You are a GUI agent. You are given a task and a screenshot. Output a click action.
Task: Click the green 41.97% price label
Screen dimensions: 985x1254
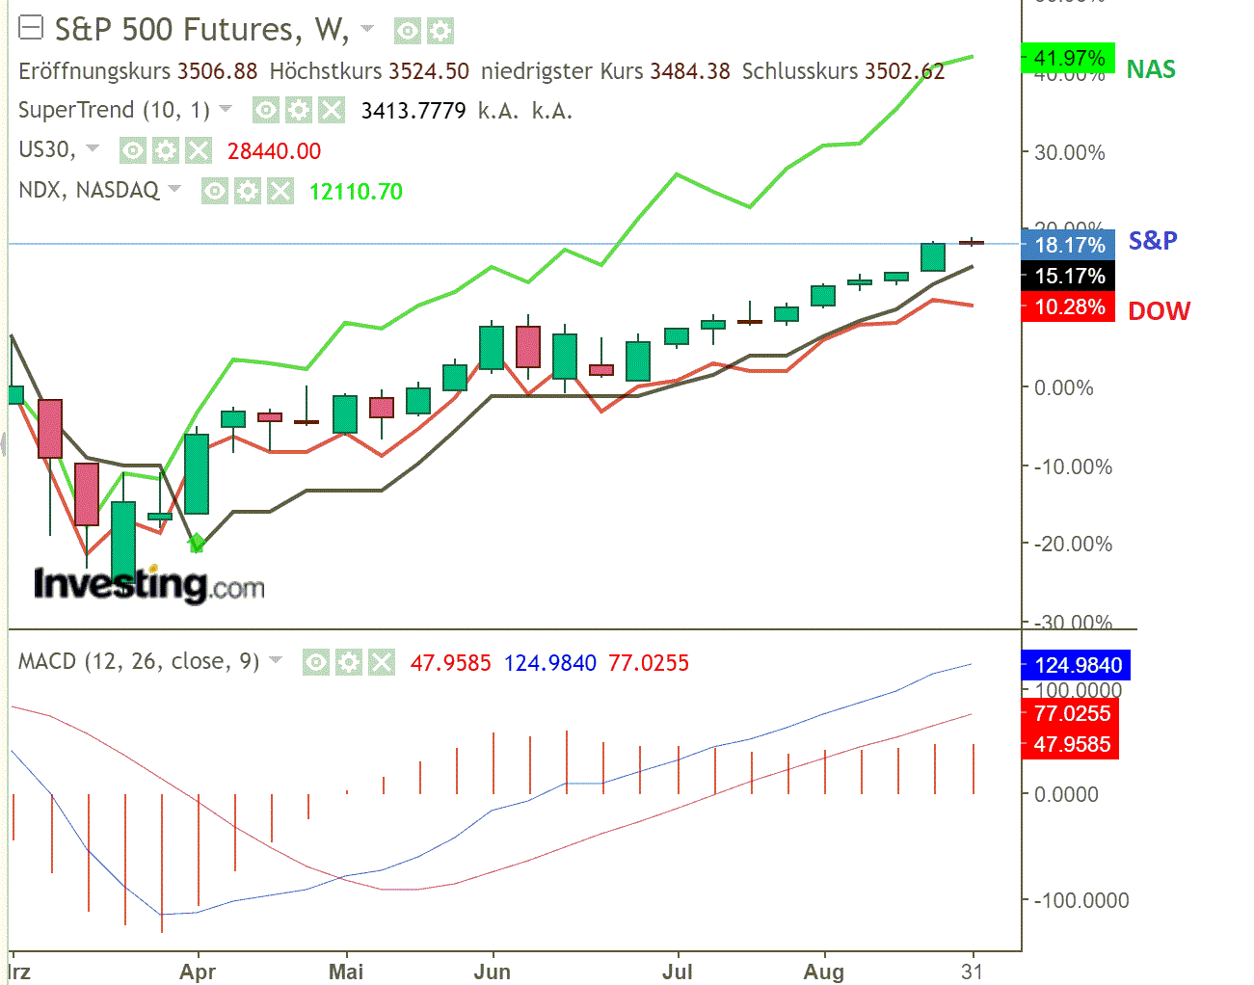(1068, 58)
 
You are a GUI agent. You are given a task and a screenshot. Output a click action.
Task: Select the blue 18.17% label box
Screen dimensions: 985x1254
(1068, 245)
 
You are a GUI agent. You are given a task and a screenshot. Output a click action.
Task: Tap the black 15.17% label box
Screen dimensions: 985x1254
(1068, 276)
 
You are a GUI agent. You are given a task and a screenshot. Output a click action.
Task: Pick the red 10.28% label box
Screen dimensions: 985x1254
(1068, 306)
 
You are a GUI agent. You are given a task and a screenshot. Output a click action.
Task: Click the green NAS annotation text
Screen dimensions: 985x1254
(1151, 69)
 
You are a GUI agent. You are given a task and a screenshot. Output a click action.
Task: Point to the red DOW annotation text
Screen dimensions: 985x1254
(1159, 311)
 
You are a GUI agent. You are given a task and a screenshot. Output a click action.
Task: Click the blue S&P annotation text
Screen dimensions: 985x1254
(1153, 240)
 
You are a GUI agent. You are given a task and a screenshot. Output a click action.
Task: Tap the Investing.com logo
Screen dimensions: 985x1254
(148, 584)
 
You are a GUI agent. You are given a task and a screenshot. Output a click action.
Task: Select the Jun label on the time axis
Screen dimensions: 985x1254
(492, 971)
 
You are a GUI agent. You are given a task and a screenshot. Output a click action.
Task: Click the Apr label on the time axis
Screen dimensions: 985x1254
(198, 971)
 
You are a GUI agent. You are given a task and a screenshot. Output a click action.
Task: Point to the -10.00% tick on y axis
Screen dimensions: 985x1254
(1073, 466)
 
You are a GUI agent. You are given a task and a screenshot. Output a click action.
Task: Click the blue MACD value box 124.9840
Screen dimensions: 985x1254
(1077, 665)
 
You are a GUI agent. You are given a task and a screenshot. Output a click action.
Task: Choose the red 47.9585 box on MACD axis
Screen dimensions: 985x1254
(1071, 744)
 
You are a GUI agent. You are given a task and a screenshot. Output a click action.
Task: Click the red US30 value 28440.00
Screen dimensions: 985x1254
(274, 151)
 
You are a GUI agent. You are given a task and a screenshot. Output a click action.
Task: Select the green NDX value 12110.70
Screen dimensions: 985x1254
(356, 192)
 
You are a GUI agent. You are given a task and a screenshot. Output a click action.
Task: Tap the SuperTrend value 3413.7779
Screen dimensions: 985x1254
(413, 111)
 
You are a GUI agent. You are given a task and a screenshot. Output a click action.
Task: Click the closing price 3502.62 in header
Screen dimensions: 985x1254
(904, 71)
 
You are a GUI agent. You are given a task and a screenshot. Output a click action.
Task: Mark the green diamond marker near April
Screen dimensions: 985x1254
(197, 543)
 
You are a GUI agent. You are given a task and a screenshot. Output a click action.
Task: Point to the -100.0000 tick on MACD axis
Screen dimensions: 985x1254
(1081, 900)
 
